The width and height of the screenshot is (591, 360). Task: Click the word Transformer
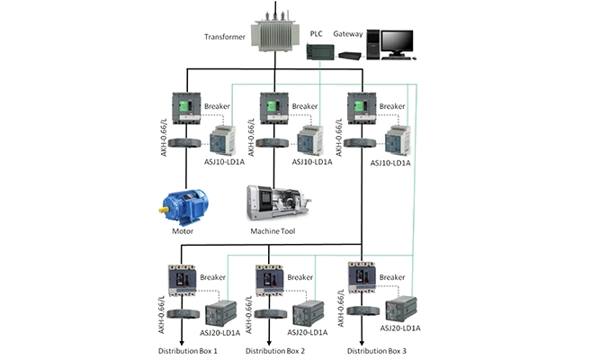pos(224,38)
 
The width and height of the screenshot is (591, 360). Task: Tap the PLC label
pos(316,33)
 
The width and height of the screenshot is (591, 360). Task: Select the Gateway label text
pos(349,33)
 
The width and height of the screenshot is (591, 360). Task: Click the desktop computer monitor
pos(396,41)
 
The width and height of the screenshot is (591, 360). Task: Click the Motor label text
pos(183,231)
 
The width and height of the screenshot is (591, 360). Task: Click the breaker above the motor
pos(184,112)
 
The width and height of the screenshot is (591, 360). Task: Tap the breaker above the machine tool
pos(273,112)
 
